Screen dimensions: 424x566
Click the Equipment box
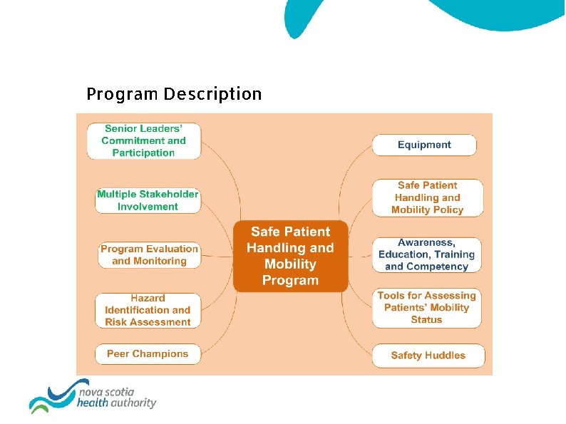coord(424,145)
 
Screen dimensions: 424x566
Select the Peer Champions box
coord(148,353)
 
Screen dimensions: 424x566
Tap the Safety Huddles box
coord(428,355)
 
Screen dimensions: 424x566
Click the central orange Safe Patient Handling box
coord(290,255)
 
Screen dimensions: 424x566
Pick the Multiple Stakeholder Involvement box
coord(148,200)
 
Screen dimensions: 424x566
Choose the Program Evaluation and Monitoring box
coord(149,255)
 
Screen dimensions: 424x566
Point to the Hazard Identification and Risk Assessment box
coord(148,310)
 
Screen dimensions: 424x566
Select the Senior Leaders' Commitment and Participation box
coord(143,140)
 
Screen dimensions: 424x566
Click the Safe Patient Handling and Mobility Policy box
coord(427,197)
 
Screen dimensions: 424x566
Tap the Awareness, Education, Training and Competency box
coord(426,254)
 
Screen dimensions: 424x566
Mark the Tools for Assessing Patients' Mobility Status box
coord(426,307)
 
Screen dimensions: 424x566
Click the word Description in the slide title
coord(212,94)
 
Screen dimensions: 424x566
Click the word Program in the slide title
coord(123,94)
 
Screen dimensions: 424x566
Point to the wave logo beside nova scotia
coord(50,395)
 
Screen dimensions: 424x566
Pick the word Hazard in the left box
coord(148,298)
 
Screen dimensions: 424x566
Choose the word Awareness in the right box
coord(426,242)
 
